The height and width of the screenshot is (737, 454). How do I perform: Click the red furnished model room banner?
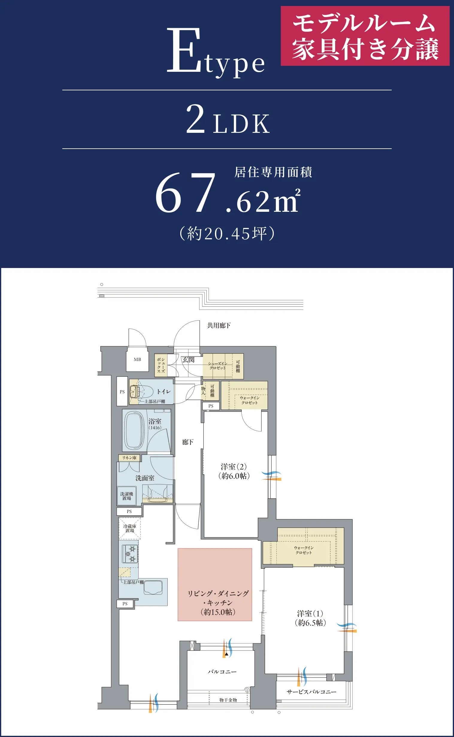click(365, 36)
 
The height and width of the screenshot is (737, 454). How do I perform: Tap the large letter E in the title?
click(184, 50)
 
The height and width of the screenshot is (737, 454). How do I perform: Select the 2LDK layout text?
click(228, 119)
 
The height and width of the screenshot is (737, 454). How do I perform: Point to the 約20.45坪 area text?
click(227, 233)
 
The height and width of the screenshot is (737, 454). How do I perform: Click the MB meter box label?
click(137, 359)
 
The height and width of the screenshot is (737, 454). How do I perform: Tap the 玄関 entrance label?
click(188, 360)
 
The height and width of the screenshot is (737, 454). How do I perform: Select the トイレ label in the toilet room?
click(164, 392)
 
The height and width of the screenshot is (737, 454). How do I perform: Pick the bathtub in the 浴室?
click(134, 430)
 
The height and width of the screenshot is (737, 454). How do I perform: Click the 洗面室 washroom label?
click(145, 478)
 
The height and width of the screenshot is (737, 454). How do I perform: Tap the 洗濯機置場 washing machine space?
click(126, 496)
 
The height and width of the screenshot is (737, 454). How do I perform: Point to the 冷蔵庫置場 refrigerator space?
click(130, 528)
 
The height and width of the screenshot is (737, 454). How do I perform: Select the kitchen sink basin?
click(153, 588)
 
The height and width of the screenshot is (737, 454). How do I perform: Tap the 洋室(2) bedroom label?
click(234, 471)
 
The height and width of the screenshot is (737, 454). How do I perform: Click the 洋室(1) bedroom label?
click(310, 618)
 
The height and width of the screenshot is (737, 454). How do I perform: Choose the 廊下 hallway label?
click(188, 442)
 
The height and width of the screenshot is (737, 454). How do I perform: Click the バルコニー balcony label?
click(222, 671)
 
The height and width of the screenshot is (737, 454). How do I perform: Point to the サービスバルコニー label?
click(311, 692)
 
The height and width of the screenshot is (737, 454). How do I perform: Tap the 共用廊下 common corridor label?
click(219, 325)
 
